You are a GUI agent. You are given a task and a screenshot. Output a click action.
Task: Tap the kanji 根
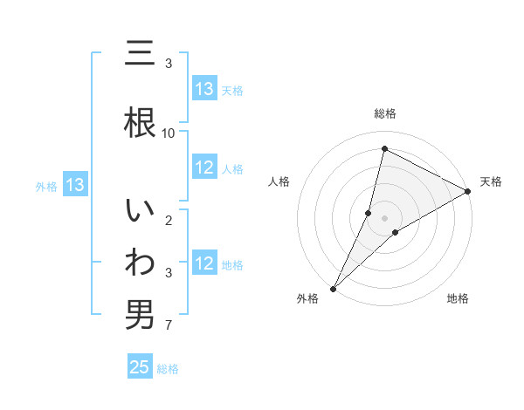click(141, 121)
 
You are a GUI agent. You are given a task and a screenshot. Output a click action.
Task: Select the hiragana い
click(141, 212)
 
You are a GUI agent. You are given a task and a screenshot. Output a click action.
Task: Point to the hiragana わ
click(141, 263)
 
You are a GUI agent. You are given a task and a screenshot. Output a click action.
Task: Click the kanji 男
click(141, 314)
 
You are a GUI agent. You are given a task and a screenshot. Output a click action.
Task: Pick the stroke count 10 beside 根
click(169, 133)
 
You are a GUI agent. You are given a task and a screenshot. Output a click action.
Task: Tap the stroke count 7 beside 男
click(169, 326)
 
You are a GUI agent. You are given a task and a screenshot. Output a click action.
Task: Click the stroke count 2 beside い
click(169, 222)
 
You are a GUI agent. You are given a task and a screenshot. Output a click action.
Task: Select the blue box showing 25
click(140, 367)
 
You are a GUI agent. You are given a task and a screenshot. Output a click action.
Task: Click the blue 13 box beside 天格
click(204, 89)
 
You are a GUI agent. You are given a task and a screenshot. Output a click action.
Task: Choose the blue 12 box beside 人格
click(204, 168)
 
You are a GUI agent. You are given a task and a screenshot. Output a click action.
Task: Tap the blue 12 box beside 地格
click(204, 264)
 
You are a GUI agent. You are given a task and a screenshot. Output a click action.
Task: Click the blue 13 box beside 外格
click(74, 185)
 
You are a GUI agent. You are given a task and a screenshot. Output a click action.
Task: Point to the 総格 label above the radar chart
click(385, 113)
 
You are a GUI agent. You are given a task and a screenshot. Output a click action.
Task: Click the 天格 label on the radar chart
click(491, 181)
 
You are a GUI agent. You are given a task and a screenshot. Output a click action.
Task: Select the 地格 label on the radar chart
click(458, 298)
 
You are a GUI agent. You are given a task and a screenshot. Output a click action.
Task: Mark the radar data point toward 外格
click(333, 288)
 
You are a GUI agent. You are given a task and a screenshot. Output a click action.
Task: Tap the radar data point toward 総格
click(384, 149)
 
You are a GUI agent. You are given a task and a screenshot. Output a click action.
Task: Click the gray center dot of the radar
click(385, 217)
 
